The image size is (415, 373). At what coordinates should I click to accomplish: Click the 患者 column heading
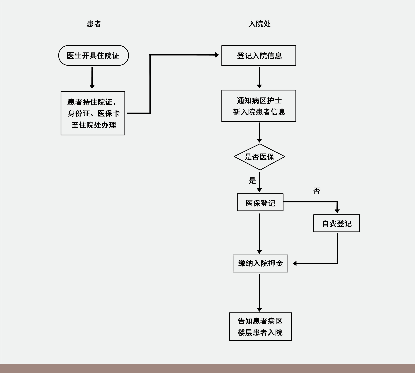(x=94, y=24)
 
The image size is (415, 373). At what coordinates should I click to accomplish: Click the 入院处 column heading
(x=259, y=24)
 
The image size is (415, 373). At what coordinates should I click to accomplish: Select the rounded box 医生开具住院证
(x=93, y=55)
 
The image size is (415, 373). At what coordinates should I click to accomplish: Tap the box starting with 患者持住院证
(x=93, y=113)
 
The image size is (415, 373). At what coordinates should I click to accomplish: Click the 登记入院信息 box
(x=258, y=56)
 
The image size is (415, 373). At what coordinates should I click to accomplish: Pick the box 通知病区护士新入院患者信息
(x=258, y=106)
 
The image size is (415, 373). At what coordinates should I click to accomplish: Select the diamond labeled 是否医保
(x=259, y=157)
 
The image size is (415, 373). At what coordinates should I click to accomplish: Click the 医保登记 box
(x=260, y=202)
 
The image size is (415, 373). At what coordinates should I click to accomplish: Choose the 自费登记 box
(x=336, y=223)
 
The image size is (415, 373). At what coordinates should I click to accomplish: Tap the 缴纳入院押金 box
(x=260, y=263)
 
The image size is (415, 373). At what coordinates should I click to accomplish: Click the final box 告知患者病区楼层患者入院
(x=260, y=327)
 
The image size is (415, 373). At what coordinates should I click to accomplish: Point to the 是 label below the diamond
(x=252, y=181)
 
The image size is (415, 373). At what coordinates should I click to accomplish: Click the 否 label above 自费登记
(x=317, y=191)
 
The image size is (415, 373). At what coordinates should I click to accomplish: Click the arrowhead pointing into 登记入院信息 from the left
(x=217, y=55)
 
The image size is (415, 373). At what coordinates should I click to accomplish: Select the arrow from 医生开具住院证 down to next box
(x=92, y=78)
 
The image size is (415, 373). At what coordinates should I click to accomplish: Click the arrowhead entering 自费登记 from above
(x=337, y=211)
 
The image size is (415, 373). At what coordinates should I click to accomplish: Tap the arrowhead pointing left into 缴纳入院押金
(x=295, y=263)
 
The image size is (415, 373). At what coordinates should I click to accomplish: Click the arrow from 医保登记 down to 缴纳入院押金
(x=259, y=233)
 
